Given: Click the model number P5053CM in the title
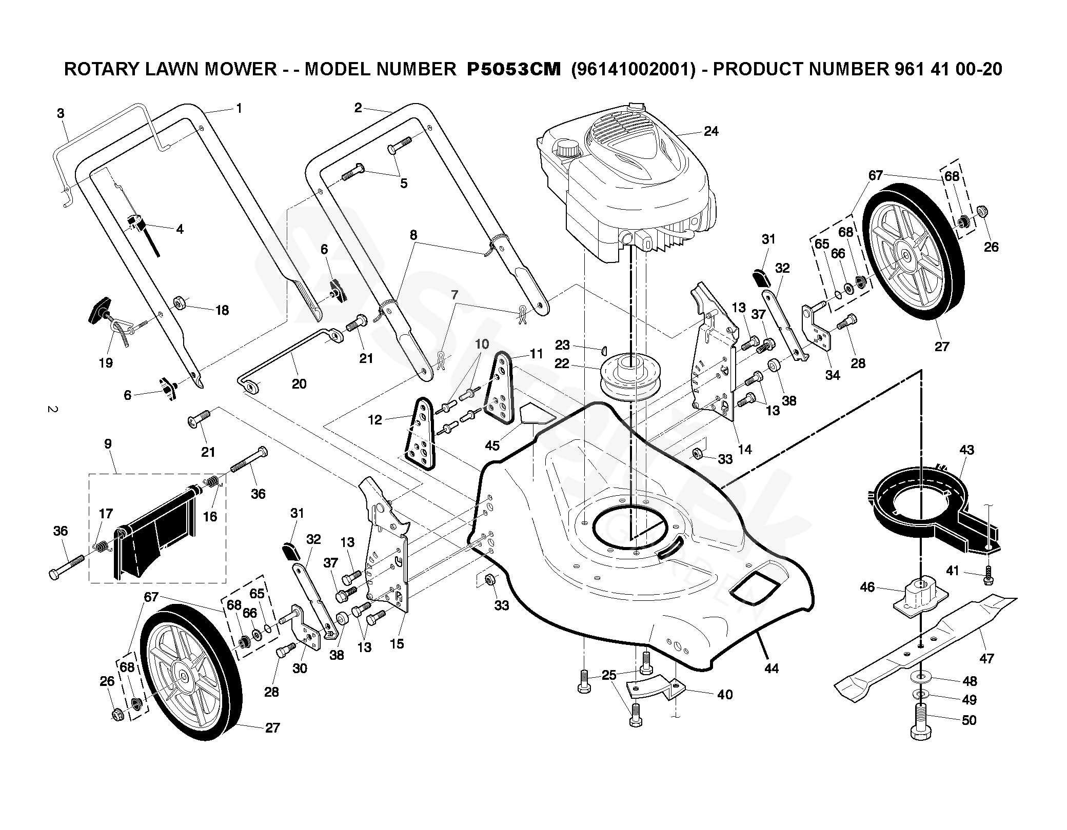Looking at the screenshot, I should [513, 69].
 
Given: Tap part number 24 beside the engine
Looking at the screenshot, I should [710, 131].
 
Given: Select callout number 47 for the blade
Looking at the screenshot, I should [986, 658].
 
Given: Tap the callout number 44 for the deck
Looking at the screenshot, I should [771, 668].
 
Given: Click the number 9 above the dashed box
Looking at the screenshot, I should [108, 444].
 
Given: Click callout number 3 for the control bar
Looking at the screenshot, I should [61, 113].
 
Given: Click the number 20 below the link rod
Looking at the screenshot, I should [299, 383].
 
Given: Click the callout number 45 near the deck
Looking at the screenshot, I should [492, 445].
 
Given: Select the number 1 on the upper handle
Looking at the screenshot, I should [239, 108].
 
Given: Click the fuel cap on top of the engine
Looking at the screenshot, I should [566, 149].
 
